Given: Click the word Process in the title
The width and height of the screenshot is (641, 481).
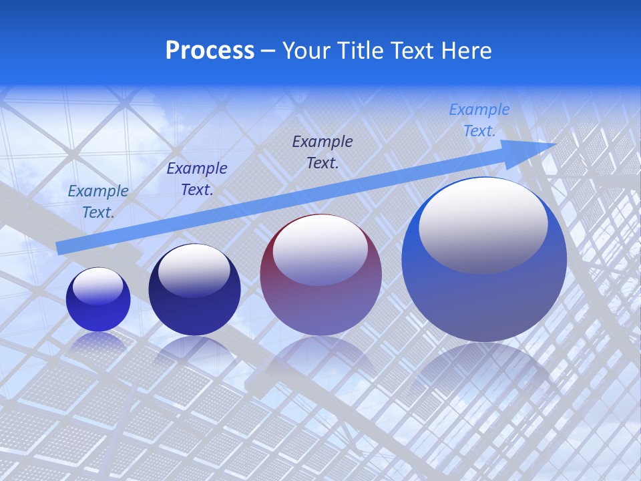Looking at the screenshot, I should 210,51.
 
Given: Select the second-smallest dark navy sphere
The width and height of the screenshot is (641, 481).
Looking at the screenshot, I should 194,291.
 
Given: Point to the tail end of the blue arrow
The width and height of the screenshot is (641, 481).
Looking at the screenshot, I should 59,249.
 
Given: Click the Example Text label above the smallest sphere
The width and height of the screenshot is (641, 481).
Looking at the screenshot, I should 98,201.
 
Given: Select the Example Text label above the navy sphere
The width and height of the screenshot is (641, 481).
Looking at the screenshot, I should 197,179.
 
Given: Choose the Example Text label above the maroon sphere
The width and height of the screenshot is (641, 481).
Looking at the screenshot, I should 323,152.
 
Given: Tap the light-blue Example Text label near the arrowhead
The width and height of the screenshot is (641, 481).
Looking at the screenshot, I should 479,120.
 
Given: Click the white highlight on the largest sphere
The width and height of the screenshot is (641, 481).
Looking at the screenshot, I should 483,224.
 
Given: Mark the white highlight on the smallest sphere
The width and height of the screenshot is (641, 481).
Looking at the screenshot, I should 98,286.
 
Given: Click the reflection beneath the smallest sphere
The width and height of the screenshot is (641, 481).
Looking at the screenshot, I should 98,342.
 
